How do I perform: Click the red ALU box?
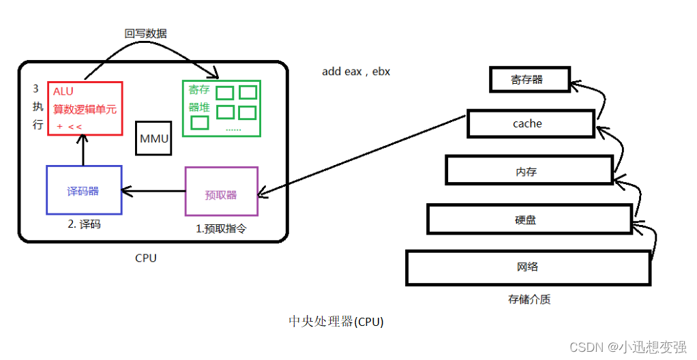pyautogui.click(x=85, y=108)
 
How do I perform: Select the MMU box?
pyautogui.click(x=153, y=138)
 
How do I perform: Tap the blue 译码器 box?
pyautogui.click(x=83, y=190)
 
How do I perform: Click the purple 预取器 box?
pyautogui.click(x=221, y=194)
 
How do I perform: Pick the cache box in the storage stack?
pyautogui.click(x=530, y=123)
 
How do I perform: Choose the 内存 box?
pyautogui.click(x=529, y=170)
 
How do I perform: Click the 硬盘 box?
pyautogui.click(x=529, y=220)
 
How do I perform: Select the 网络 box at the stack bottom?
pyautogui.click(x=529, y=267)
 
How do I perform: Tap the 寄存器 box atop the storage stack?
pyautogui.click(x=529, y=79)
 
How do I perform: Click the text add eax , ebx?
pyautogui.click(x=356, y=72)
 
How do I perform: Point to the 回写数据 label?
pyautogui.click(x=145, y=33)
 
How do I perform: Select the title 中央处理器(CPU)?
pyautogui.click(x=336, y=321)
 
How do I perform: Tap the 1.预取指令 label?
pyautogui.click(x=221, y=229)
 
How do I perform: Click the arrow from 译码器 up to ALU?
pyautogui.click(x=83, y=151)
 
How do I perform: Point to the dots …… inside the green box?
pyautogui.click(x=233, y=129)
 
